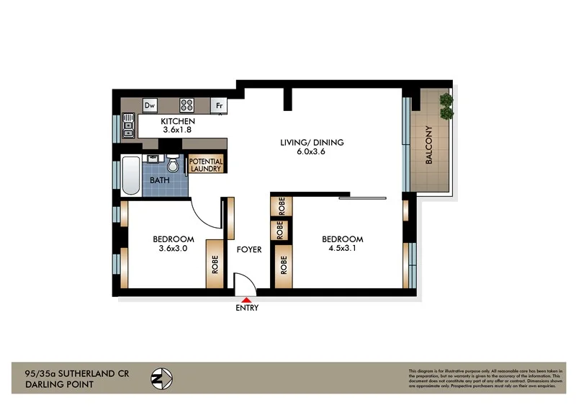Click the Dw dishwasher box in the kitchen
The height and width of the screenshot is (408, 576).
pyautogui.click(x=150, y=105)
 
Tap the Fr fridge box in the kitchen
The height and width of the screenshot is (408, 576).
pyautogui.click(x=219, y=105)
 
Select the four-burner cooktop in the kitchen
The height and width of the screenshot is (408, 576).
pyautogui.click(x=186, y=105)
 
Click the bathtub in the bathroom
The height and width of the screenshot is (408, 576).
pyautogui.click(x=131, y=174)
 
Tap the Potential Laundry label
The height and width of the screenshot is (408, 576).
pyautogui.click(x=207, y=164)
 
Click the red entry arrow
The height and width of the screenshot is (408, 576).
pyautogui.click(x=247, y=299)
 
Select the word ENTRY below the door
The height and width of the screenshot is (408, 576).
pyautogui.click(x=247, y=309)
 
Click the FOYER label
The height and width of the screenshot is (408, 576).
pyautogui.click(x=249, y=250)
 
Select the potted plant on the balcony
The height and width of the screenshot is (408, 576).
pyautogui.click(x=446, y=105)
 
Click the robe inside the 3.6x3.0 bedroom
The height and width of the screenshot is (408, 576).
pyautogui.click(x=215, y=264)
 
